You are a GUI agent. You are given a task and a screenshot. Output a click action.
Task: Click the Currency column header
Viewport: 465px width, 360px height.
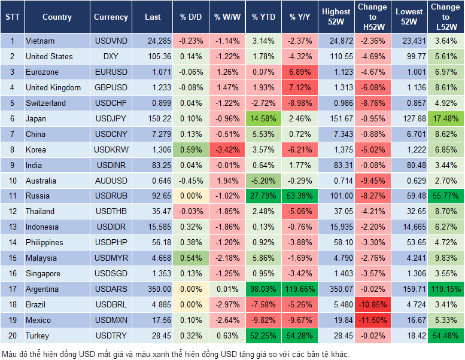click(x=111, y=17)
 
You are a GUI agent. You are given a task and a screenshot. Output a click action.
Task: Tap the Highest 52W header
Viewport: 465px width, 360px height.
click(x=336, y=17)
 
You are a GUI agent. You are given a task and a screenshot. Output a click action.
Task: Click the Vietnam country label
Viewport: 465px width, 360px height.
click(x=40, y=41)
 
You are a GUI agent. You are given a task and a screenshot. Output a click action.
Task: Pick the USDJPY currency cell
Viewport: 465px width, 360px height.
click(x=111, y=118)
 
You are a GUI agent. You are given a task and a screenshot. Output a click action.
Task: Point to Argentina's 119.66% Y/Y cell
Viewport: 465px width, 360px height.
click(x=300, y=289)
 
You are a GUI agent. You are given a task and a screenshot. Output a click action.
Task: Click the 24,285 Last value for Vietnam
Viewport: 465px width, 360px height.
click(x=153, y=41)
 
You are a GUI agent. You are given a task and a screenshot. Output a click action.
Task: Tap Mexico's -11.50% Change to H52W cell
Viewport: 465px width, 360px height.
click(x=372, y=321)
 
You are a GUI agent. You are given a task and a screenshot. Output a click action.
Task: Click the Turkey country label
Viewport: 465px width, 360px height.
click(x=38, y=336)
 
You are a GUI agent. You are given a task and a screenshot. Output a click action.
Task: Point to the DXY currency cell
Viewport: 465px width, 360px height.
click(x=111, y=56)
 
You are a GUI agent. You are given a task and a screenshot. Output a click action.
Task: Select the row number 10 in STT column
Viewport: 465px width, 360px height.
click(x=11, y=181)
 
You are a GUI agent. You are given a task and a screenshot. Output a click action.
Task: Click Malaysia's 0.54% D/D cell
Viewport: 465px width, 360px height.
click(x=190, y=258)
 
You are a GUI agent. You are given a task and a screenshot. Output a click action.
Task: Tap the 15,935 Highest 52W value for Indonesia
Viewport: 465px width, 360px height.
click(x=336, y=227)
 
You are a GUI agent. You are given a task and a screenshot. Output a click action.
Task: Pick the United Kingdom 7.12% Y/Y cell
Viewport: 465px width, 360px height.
click(x=300, y=87)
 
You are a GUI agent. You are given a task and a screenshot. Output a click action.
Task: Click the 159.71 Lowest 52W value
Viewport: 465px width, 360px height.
click(x=409, y=289)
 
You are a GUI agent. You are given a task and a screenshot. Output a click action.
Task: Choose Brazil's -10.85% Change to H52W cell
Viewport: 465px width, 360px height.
click(x=372, y=305)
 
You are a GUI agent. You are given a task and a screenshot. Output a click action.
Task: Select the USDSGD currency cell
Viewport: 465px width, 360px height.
click(x=111, y=274)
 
